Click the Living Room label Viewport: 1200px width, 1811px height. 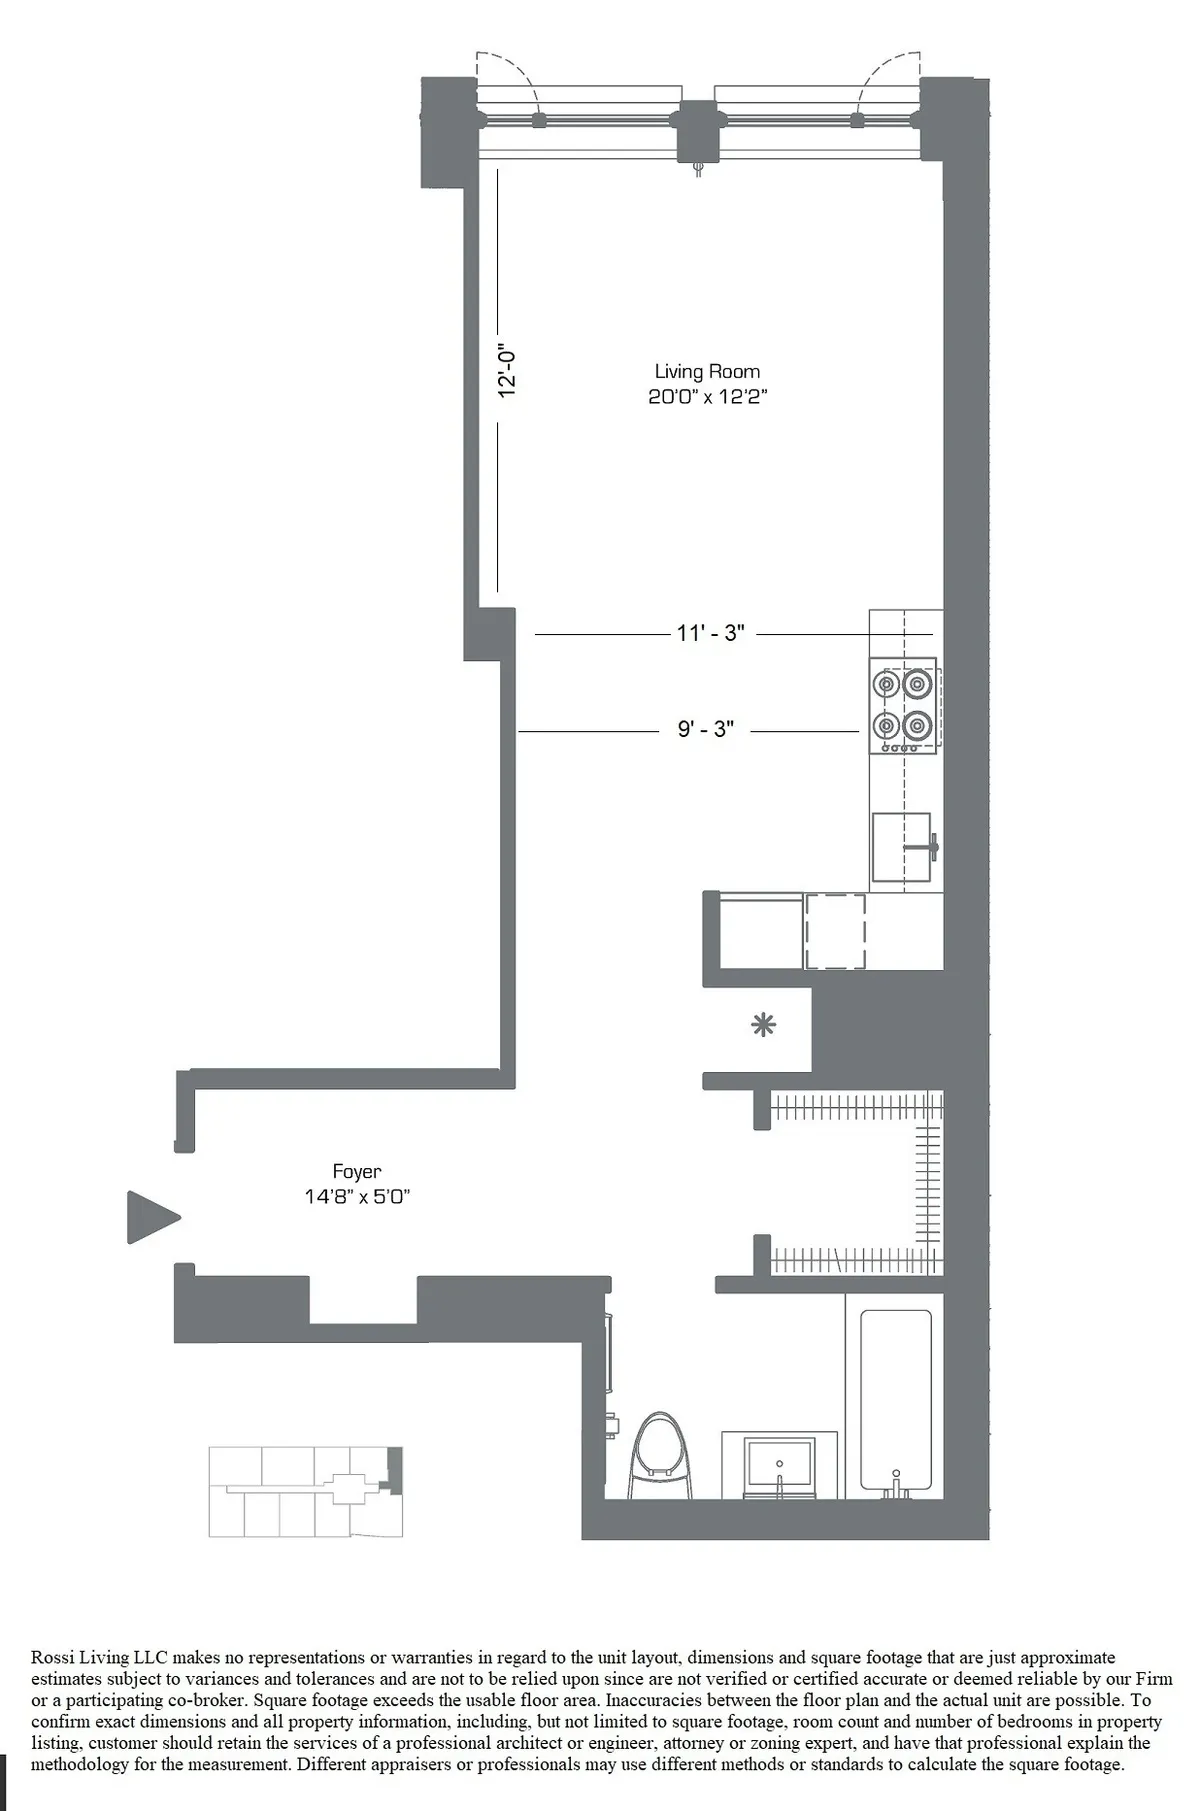707,372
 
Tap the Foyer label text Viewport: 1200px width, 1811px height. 357,1171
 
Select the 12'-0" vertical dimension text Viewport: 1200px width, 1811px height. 508,372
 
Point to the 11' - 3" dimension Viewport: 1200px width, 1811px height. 710,633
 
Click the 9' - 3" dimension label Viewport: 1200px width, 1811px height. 705,729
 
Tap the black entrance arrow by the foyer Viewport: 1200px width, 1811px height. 152,1217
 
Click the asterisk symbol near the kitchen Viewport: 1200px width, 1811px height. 763,1025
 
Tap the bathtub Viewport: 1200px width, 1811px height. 895,1400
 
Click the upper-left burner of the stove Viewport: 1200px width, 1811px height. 886,685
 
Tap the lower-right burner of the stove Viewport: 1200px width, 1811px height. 917,724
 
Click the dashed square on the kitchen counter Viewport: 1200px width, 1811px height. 835,931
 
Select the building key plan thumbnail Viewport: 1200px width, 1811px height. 305,1491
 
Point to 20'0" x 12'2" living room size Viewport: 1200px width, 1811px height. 707,397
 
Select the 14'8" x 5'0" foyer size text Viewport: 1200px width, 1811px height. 357,1197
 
